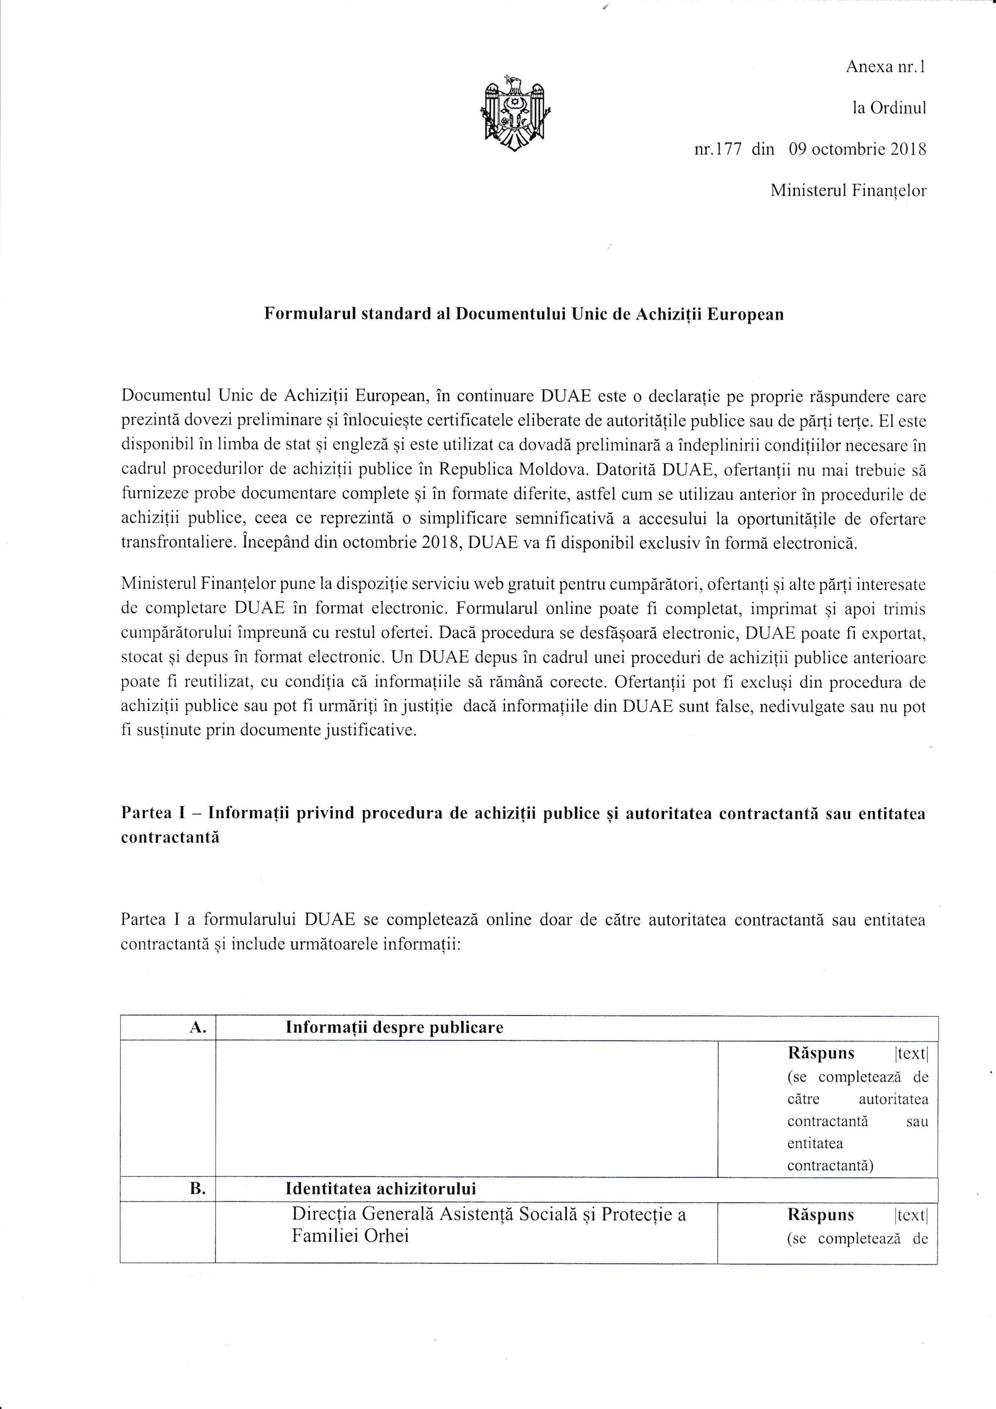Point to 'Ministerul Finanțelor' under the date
click(x=848, y=191)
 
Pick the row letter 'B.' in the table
click(x=198, y=1188)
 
